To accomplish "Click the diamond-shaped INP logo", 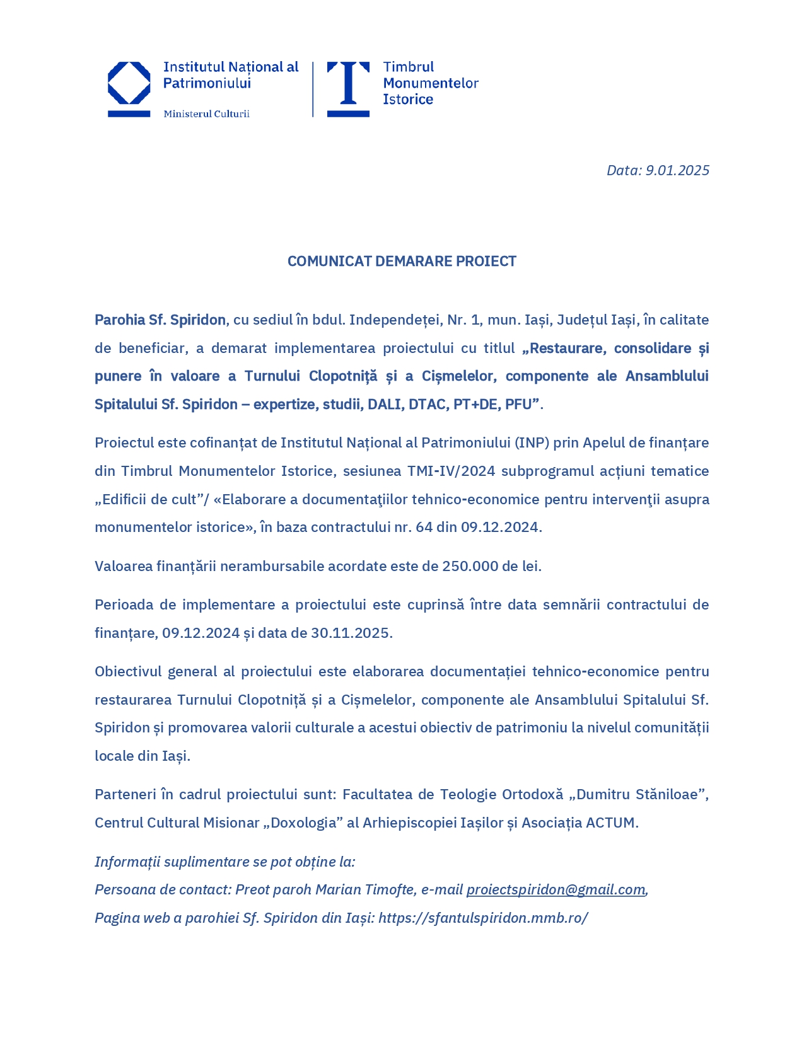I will click(x=129, y=83).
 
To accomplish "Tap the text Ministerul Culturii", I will click(x=206, y=114).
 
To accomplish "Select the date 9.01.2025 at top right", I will click(x=677, y=170).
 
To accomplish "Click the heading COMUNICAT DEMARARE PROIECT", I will click(x=402, y=262).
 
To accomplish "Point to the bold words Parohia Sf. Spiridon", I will click(x=160, y=320).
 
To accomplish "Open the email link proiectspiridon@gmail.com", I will click(x=556, y=890).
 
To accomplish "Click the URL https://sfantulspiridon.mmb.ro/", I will click(x=483, y=918).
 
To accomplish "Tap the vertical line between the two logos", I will click(x=313, y=89).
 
